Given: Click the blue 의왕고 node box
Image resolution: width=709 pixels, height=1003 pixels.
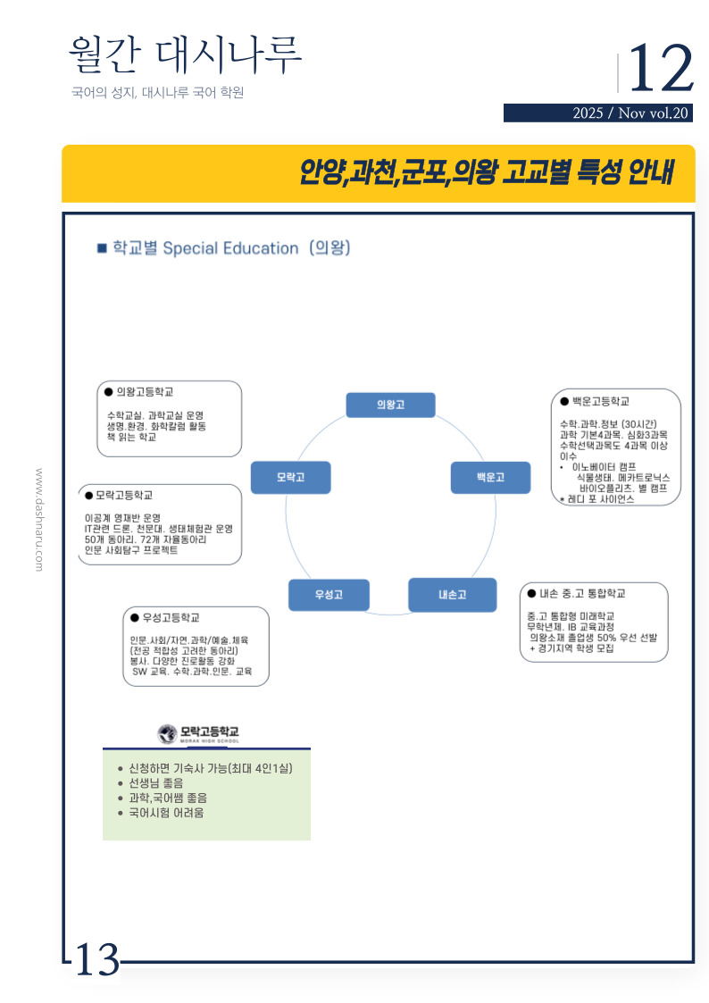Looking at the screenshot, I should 390,405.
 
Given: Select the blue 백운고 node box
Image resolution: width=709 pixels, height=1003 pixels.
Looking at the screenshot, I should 490,477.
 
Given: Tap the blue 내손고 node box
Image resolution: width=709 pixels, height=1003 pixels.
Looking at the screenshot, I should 452,594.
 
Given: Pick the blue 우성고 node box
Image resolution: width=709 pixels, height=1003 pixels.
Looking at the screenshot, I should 329,594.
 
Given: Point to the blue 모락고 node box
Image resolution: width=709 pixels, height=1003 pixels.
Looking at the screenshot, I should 290,477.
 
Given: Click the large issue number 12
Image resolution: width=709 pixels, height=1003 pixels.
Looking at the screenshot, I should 661,69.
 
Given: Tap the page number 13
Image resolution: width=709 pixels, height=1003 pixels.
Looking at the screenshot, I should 96,960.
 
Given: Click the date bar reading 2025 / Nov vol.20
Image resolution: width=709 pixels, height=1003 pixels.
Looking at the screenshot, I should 597,113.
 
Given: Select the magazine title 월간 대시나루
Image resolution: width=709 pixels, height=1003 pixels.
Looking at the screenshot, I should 185,55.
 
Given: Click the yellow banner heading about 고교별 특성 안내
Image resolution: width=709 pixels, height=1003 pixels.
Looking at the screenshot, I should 486,171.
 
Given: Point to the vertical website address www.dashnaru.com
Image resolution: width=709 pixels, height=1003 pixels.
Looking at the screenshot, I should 38,519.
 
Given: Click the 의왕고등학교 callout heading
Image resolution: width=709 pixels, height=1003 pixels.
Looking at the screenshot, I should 145,392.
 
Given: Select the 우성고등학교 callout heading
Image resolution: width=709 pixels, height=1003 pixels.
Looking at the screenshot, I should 170,617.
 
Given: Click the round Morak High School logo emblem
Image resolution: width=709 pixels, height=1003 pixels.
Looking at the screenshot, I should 166,733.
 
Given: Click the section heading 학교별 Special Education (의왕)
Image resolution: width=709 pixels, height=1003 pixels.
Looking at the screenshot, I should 229,248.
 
